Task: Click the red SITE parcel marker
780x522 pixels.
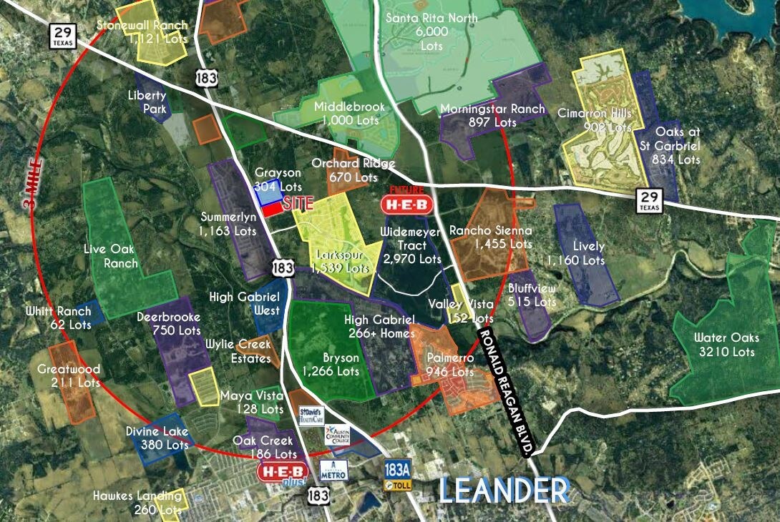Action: pyautogui.click(x=271, y=210)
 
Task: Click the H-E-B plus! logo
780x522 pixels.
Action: pyautogui.click(x=283, y=472)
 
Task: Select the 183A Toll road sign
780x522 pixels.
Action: pyautogui.click(x=398, y=474)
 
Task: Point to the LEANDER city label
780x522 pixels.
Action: pyautogui.click(x=504, y=491)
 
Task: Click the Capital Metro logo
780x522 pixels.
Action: pyautogui.click(x=333, y=470)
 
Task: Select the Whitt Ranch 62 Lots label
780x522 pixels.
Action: pyautogui.click(x=59, y=317)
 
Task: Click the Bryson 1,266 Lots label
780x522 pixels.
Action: pyautogui.click(x=331, y=364)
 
